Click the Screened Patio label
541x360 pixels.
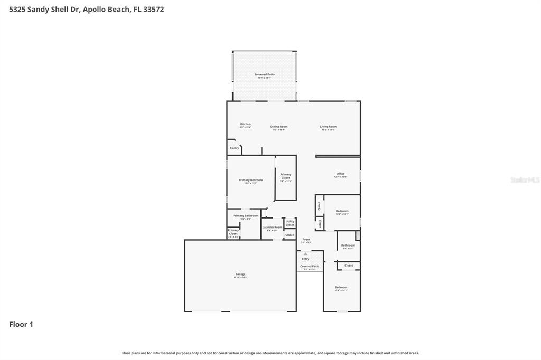[264, 75]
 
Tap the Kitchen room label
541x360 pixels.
[245, 125]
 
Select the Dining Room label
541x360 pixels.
[279, 127]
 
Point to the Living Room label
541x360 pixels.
[328, 127]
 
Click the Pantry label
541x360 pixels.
[234, 148]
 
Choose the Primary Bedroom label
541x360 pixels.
[250, 181]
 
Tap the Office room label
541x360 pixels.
[340, 174]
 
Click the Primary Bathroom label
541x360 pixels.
[246, 216]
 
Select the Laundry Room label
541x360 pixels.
[272, 228]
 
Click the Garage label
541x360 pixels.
[240, 274]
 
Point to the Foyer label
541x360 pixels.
[306, 240]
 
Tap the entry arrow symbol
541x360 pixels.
[305, 254]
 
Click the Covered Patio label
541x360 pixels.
[310, 267]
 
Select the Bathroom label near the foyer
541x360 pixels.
[348, 245]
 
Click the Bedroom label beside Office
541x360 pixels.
[342, 211]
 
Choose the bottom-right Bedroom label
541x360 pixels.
[341, 288]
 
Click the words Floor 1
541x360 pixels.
[21, 325]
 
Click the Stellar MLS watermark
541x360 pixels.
[525, 180]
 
